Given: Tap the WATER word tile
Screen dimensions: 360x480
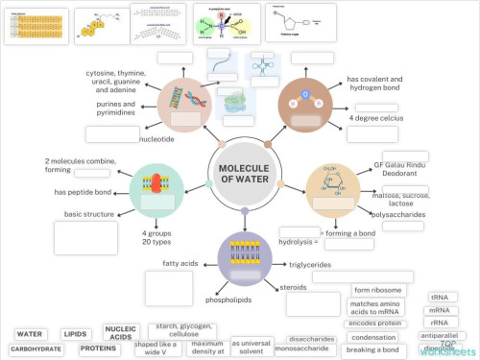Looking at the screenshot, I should click(x=30, y=334).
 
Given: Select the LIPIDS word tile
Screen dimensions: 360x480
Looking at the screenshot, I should click(x=76, y=334).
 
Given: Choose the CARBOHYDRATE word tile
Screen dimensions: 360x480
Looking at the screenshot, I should click(x=36, y=349).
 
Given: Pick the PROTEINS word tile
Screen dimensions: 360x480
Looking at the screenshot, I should click(x=99, y=348).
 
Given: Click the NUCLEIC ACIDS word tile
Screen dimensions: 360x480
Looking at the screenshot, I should click(x=120, y=332).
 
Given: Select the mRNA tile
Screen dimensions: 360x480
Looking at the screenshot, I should click(x=441, y=310).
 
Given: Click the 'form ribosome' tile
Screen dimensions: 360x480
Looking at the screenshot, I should click(x=377, y=290).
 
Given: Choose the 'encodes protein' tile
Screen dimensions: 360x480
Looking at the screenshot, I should click(x=374, y=323).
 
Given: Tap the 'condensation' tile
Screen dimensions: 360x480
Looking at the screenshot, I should click(x=374, y=337).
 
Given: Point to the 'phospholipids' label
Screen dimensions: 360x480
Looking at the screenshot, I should click(x=228, y=300).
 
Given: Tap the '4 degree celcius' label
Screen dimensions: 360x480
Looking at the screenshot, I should click(x=376, y=117).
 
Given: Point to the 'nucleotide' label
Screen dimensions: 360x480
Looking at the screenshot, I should click(x=156, y=138).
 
